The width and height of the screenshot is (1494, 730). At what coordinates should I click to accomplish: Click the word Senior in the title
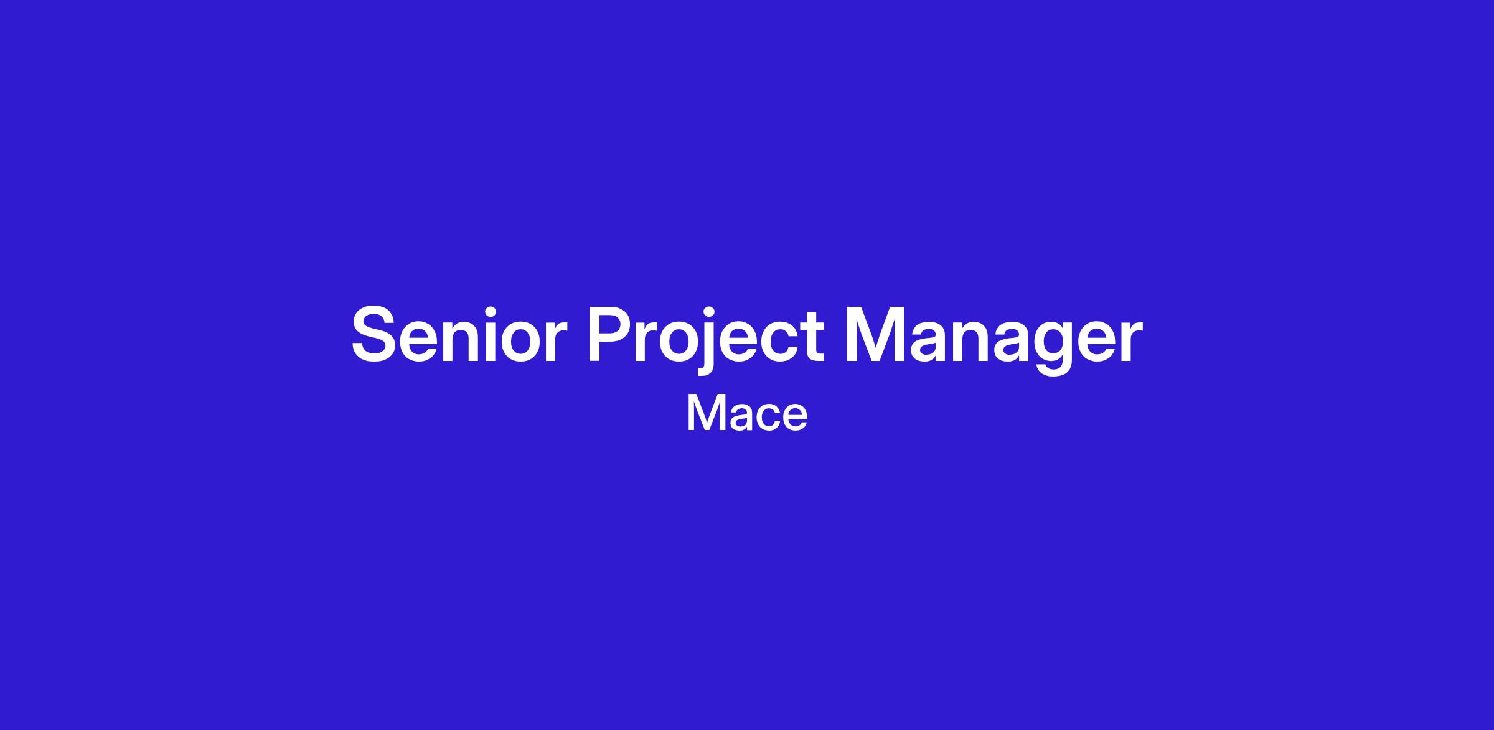click(x=459, y=334)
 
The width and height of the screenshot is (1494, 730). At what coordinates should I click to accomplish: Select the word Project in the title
click(x=707, y=340)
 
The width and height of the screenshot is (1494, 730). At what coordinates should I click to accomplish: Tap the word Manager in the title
click(x=994, y=340)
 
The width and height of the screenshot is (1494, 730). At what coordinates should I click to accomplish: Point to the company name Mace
click(x=747, y=413)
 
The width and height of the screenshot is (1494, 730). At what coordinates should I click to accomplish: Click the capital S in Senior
click(x=376, y=334)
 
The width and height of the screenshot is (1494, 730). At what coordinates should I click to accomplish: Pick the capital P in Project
click(x=613, y=334)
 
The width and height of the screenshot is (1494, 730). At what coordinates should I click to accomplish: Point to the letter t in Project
click(x=812, y=337)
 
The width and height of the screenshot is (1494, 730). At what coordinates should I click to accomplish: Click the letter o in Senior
click(x=522, y=341)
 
